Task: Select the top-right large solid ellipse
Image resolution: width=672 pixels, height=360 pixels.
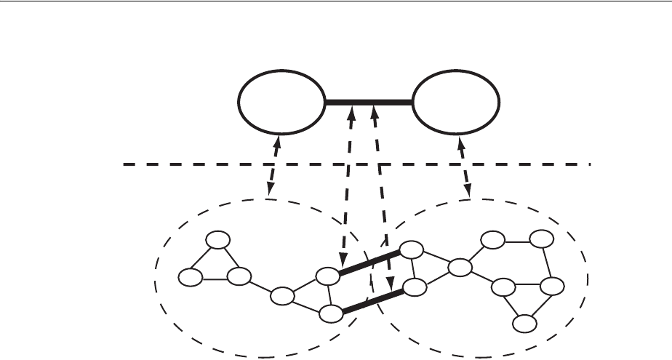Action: (x=456, y=103)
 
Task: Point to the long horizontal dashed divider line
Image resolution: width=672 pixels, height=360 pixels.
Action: (x=218, y=164)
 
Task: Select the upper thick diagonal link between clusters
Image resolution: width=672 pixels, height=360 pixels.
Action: (x=369, y=263)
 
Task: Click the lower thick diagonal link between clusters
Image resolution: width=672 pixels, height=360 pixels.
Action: (x=372, y=301)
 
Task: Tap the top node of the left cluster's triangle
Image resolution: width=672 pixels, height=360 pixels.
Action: (x=217, y=240)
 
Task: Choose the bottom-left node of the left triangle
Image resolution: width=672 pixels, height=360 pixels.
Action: (x=191, y=277)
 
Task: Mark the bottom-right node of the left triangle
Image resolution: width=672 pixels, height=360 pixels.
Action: (x=239, y=277)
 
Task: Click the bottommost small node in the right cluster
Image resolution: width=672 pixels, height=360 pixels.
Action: (x=524, y=323)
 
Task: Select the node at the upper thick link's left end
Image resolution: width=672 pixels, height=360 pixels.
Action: (x=328, y=276)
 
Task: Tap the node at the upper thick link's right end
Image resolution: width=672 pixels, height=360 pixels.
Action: (x=412, y=249)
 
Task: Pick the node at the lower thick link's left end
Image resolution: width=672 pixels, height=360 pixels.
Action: (x=331, y=314)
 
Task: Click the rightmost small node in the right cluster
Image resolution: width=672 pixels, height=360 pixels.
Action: (x=553, y=286)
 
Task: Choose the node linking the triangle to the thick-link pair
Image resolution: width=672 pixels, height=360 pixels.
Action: (x=283, y=296)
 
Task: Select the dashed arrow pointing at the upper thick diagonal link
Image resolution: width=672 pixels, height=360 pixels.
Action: (x=346, y=189)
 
